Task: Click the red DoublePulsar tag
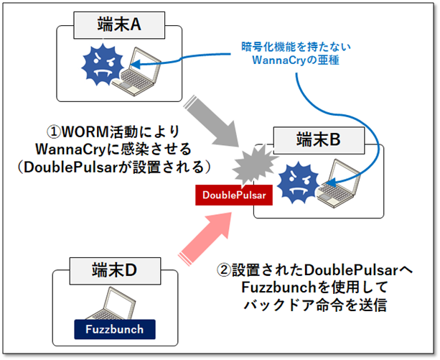tap(234, 195)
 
